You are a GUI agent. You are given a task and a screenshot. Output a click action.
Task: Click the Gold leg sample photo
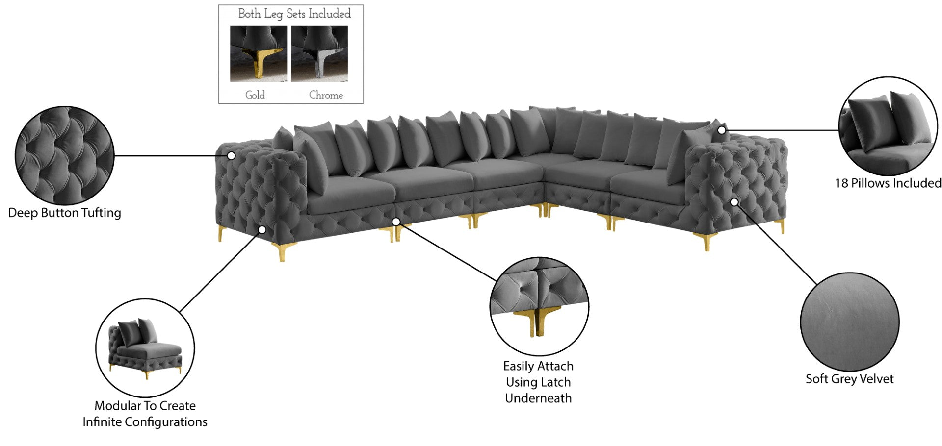click(258, 53)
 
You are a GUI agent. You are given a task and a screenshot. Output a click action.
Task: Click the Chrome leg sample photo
click(319, 53)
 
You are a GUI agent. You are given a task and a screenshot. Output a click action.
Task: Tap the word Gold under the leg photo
click(255, 95)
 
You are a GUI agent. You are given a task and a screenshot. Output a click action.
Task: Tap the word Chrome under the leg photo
click(326, 95)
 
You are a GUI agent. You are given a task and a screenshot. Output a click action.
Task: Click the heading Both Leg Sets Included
click(294, 14)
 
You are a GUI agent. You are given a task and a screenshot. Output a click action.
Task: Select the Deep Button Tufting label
click(64, 213)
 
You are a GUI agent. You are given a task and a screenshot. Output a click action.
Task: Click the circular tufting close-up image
click(64, 155)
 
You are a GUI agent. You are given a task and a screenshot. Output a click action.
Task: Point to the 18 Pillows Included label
click(888, 183)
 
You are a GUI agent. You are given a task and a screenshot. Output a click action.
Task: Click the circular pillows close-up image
click(888, 126)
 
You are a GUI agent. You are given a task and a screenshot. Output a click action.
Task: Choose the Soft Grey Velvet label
click(849, 379)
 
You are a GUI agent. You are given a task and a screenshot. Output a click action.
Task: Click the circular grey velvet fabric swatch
click(849, 322)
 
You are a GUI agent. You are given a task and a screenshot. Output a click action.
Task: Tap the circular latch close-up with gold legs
click(539, 306)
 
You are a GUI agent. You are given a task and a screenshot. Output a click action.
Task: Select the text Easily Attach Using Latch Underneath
click(538, 382)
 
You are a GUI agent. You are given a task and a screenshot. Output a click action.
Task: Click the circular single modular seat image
click(145, 347)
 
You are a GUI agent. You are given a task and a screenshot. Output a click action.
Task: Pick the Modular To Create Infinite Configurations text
click(145, 414)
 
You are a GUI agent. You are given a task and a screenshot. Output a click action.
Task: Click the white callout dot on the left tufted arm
click(231, 156)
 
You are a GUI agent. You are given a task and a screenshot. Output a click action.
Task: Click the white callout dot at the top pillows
click(721, 130)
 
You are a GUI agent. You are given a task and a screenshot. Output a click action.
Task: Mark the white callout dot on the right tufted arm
click(734, 202)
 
